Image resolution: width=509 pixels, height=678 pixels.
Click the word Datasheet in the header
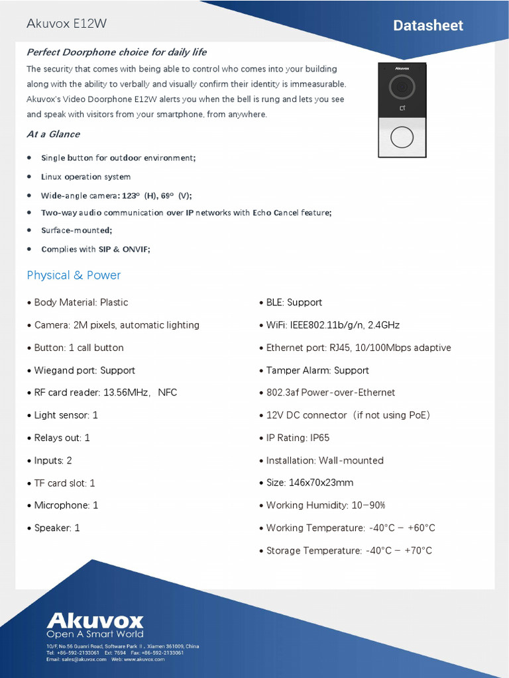(x=427, y=26)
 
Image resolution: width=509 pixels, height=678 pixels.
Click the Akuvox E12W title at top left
(x=66, y=24)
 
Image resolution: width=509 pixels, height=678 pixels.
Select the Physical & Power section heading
(x=74, y=275)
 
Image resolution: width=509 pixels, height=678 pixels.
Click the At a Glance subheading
(x=53, y=134)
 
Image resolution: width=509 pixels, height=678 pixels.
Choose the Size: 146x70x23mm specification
(x=309, y=483)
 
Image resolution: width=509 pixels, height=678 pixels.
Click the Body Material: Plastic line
(x=80, y=303)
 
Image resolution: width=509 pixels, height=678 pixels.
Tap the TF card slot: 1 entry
(x=64, y=483)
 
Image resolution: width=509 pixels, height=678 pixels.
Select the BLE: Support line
(x=294, y=303)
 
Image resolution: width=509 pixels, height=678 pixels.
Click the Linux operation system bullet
(x=85, y=177)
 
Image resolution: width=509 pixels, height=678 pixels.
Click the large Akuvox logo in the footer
(x=95, y=620)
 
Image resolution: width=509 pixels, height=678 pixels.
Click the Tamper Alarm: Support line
(x=317, y=370)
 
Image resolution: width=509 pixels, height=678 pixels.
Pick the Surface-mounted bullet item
(x=76, y=230)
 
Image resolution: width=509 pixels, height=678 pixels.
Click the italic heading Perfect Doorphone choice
(x=116, y=52)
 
